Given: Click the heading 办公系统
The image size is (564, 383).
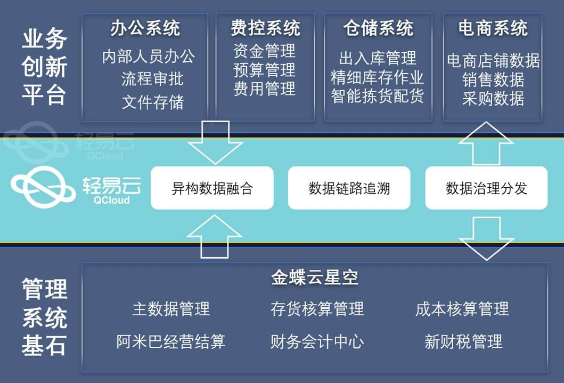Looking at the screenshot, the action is click(x=145, y=28).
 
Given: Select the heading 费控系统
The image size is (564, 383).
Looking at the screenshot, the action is click(x=265, y=28).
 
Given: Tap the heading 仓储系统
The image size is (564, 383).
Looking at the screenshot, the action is click(x=378, y=28).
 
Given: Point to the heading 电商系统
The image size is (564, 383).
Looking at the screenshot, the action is click(x=493, y=28).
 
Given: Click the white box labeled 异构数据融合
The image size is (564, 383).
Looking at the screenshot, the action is click(x=212, y=188).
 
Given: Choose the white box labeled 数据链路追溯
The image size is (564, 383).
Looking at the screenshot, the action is click(x=349, y=188).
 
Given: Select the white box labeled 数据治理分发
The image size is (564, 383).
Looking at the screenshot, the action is click(x=486, y=188).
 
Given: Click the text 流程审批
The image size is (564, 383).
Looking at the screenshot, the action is click(x=152, y=79).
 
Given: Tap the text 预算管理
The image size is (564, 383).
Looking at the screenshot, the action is click(x=264, y=70).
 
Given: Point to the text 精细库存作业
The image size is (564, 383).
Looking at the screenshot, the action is click(x=377, y=77).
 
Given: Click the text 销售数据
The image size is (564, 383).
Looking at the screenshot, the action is click(x=493, y=79).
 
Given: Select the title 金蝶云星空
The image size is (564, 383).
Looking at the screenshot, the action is click(x=315, y=277).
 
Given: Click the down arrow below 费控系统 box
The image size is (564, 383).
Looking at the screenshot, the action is click(x=215, y=143).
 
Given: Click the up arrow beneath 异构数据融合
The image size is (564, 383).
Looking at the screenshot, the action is click(x=215, y=235).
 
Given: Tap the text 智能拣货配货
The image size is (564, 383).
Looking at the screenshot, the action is click(x=377, y=97).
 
